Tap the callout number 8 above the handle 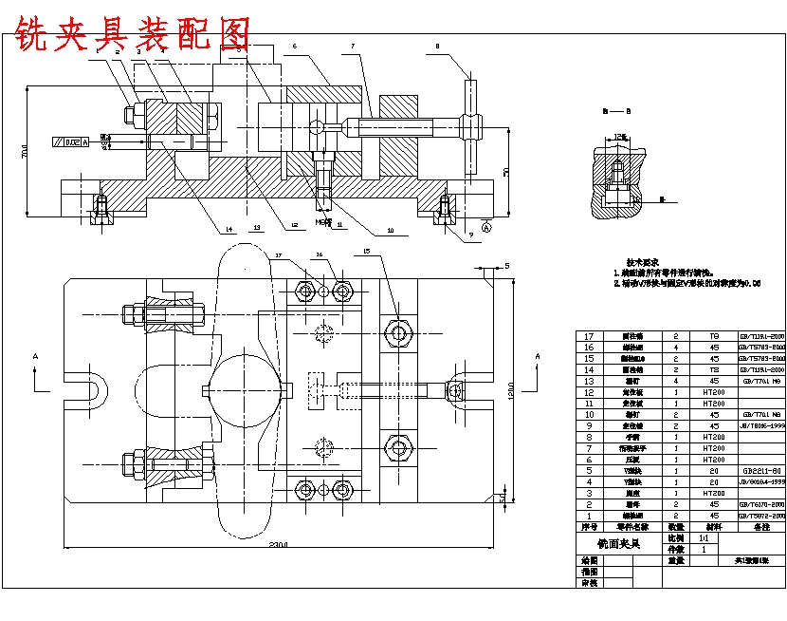click(437, 46)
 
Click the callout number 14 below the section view click(229, 229)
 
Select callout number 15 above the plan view click(366, 252)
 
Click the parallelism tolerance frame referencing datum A click(71, 142)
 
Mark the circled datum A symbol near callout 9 click(486, 228)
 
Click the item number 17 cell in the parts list click(589, 336)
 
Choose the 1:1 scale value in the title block click(703, 537)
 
